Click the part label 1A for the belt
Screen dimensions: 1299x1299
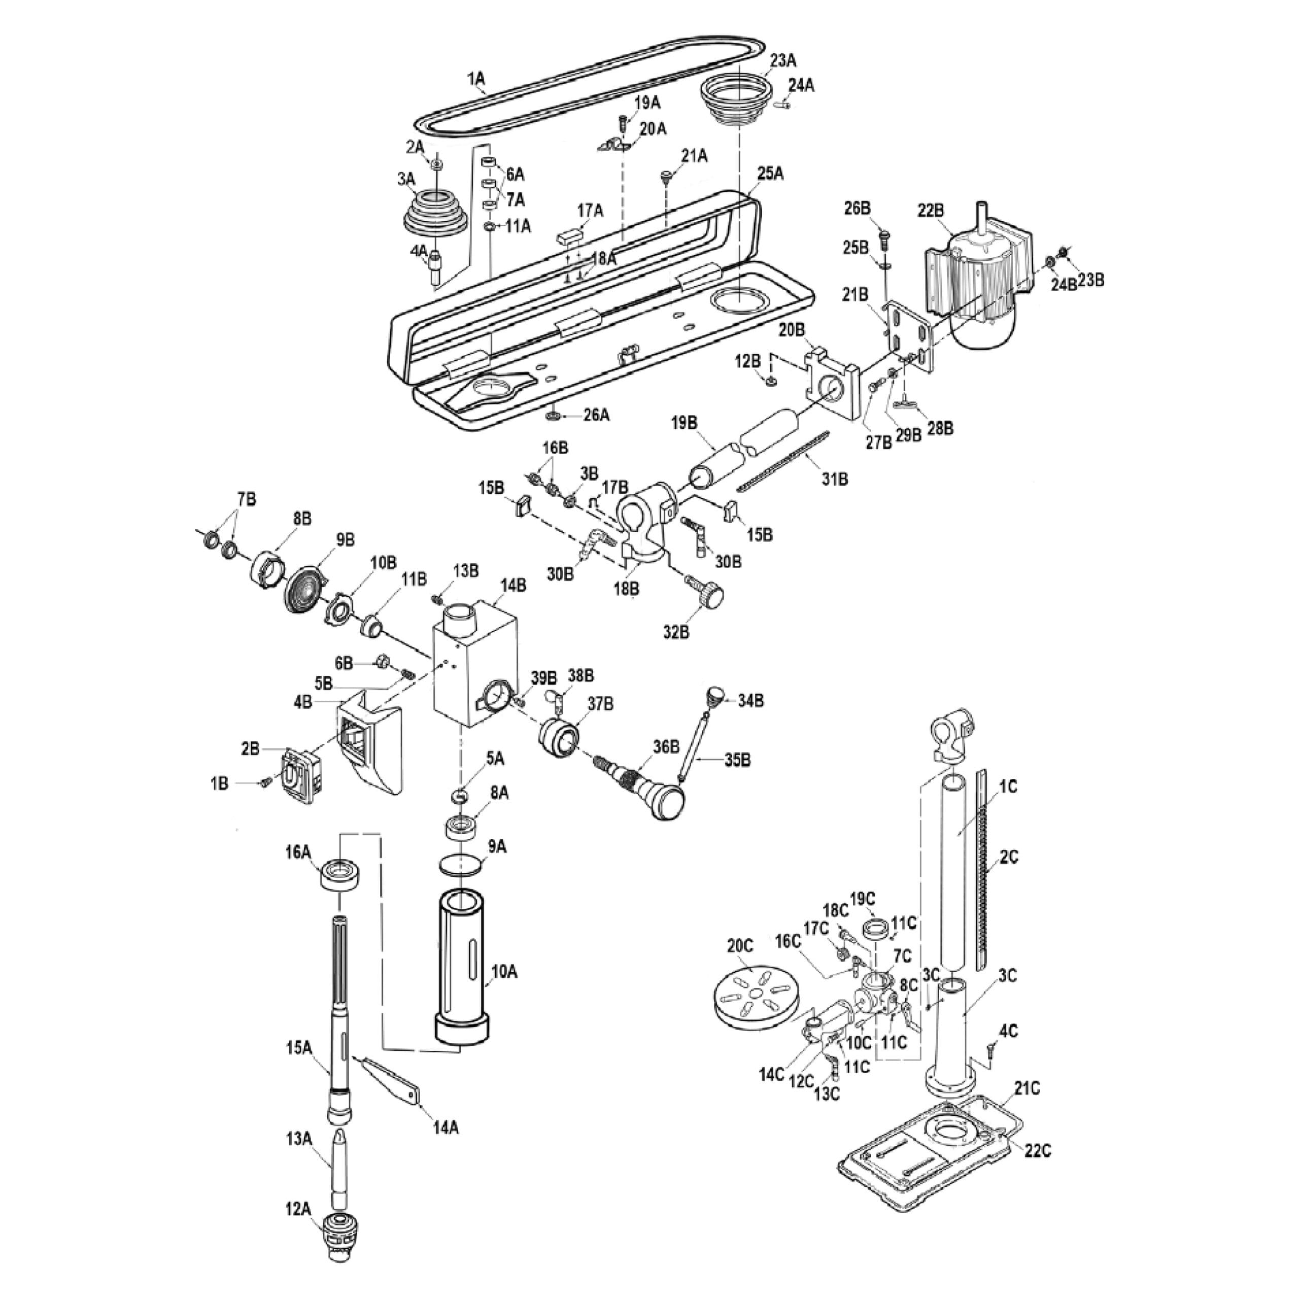[x=476, y=79]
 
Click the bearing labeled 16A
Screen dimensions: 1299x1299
[x=341, y=875]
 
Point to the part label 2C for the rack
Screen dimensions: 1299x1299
[x=1009, y=857]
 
